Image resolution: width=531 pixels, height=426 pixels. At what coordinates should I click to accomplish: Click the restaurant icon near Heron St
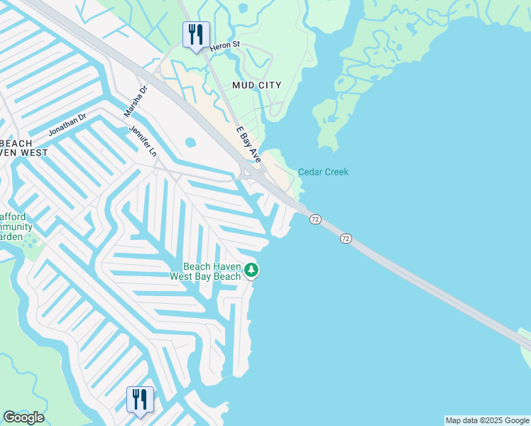tap(195, 35)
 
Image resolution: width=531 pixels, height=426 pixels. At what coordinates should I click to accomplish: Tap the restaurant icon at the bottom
tap(140, 399)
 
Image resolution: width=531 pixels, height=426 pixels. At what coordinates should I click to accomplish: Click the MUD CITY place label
tap(257, 85)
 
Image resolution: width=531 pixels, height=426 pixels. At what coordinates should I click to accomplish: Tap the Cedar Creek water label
tap(323, 172)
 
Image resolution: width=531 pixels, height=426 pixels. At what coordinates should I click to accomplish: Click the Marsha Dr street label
tap(135, 101)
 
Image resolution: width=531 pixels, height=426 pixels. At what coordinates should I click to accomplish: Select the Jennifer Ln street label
tap(143, 141)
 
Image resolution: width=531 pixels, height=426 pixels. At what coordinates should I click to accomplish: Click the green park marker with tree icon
tap(251, 270)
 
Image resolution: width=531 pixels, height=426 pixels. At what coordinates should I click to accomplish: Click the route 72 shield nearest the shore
tap(315, 220)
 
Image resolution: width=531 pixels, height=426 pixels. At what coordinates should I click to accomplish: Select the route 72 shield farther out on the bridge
tap(345, 238)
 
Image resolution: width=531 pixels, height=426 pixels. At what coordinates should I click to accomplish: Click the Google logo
tap(23, 417)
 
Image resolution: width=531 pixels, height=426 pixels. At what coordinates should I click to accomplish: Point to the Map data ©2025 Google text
tap(487, 420)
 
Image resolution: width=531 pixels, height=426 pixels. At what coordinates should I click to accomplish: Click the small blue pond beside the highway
tap(190, 142)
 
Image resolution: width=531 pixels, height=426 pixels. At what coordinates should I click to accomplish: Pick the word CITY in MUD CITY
tap(270, 85)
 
